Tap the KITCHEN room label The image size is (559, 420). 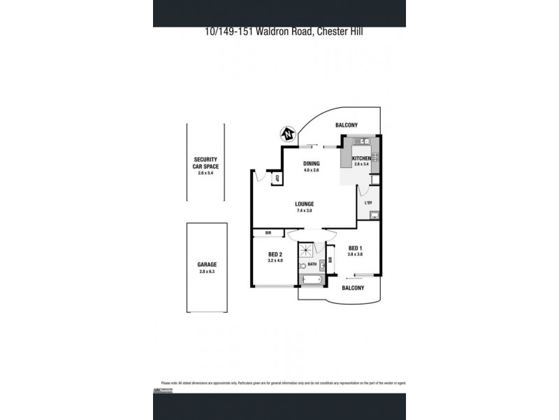tap(361, 159)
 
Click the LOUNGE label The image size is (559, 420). tap(304, 204)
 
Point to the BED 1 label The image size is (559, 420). tap(355, 248)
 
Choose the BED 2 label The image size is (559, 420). tap(275, 254)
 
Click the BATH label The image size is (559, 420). tap(312, 264)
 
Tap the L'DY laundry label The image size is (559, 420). tap(368, 203)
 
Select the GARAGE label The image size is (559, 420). tap(207, 265)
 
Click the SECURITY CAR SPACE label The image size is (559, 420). tap(206, 163)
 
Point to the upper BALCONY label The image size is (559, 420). tap(346, 125)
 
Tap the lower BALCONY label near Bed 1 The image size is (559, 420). tap(352, 288)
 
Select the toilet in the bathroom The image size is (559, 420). tap(303, 265)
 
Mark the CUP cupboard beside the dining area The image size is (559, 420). tap(277, 178)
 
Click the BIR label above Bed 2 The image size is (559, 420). tap(268, 232)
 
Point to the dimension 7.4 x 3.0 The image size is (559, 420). tap(304, 210)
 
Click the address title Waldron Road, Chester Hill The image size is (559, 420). tap(279, 31)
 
